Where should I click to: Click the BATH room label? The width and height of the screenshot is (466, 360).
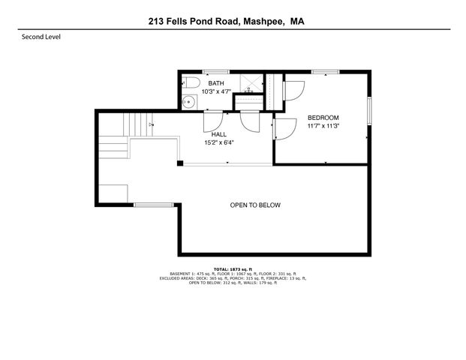(x=215, y=83)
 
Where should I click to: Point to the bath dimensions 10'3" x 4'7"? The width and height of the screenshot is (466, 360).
(x=215, y=91)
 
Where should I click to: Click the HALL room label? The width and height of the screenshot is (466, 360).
(x=218, y=134)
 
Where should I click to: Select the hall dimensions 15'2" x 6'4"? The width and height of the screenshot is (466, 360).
(x=218, y=142)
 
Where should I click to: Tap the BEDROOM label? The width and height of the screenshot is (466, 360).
(x=323, y=118)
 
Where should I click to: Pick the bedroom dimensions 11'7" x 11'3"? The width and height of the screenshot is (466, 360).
(x=323, y=126)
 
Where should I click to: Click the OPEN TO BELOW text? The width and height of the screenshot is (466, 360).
(x=255, y=205)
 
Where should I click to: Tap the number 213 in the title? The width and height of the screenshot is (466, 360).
(x=157, y=22)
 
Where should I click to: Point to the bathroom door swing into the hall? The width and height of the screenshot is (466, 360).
(x=211, y=119)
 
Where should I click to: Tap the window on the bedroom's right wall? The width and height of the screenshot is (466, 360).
(x=368, y=112)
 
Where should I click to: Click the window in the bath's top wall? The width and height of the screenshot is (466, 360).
(x=215, y=72)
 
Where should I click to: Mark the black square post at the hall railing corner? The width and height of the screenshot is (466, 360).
(x=179, y=163)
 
